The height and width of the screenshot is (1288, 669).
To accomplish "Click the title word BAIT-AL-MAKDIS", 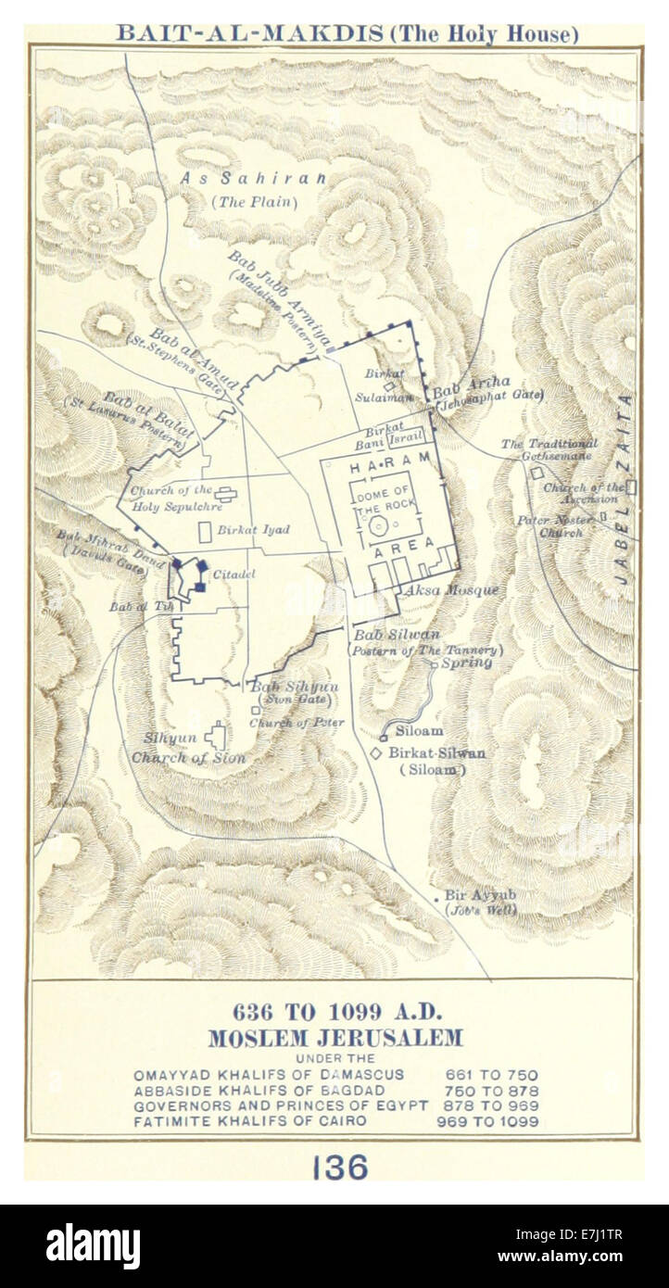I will pos(249,34).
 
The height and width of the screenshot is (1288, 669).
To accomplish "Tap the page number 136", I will pos(339,1168).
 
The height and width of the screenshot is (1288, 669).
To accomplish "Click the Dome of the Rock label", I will pos(382,499).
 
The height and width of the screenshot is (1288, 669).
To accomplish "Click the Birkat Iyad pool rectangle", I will pos(205,532).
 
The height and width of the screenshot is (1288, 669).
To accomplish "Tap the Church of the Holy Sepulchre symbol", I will pos(223,494).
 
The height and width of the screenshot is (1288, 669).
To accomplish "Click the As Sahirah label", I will pos(253,179).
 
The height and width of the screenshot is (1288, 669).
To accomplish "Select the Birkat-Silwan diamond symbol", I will pos(377,754).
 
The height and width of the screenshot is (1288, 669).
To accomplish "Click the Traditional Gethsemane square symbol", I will pos(536,473).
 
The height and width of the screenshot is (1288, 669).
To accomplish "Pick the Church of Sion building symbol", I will pos(217,738).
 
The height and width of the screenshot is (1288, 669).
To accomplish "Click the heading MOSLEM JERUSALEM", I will pos(334,1038).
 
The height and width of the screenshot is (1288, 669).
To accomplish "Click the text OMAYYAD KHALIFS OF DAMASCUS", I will pos(269,1075).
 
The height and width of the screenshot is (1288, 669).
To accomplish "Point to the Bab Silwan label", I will pos(409,635).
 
